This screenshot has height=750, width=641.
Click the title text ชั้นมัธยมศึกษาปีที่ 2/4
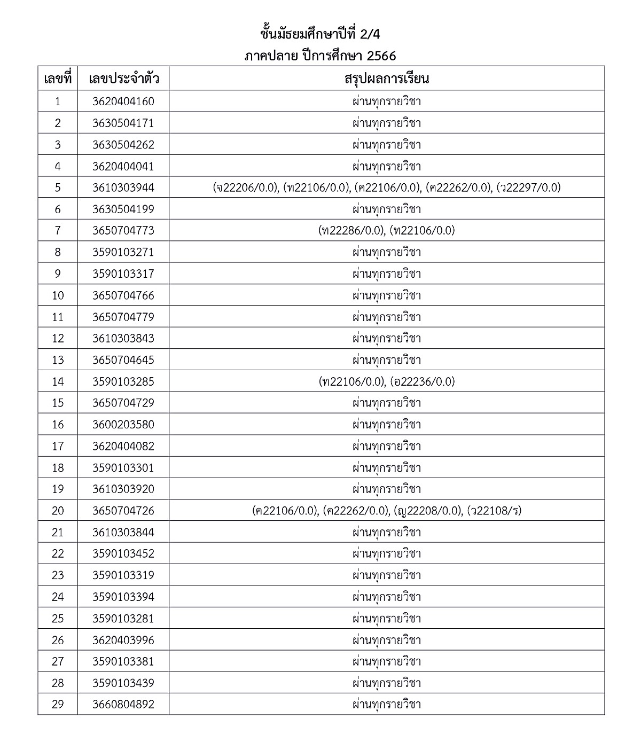click(320, 34)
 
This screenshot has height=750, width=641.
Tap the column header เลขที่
click(58, 79)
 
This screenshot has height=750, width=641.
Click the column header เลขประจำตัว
click(123, 79)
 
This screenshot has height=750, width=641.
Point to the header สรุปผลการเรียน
click(386, 79)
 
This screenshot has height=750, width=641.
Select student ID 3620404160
click(123, 101)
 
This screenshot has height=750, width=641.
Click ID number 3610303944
click(123, 187)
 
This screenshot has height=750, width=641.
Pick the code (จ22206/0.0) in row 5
click(246, 187)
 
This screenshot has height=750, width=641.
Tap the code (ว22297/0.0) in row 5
click(528, 187)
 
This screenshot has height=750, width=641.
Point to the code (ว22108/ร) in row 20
click(494, 511)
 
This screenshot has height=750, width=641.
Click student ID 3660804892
click(123, 704)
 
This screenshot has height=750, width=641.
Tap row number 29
click(58, 704)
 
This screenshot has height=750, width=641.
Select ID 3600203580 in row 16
click(123, 425)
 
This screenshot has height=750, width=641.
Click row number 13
click(58, 360)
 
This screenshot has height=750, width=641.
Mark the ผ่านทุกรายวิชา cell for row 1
click(386, 101)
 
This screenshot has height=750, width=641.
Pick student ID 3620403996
click(123, 640)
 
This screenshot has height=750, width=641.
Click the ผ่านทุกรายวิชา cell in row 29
click(386, 704)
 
